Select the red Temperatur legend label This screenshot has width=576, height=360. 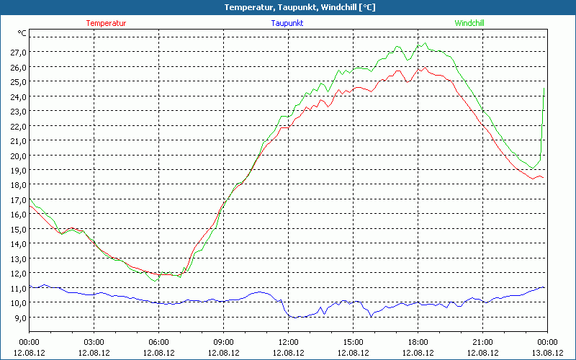106,23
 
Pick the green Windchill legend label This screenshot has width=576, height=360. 469,23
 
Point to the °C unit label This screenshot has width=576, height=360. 22,33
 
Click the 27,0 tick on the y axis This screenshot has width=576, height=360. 19,53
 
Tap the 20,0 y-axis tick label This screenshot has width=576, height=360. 19,156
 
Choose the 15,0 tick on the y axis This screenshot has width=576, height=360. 19,229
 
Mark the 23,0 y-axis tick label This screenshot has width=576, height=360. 19,112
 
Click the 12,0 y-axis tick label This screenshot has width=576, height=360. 19,274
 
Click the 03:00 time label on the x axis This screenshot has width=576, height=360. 94,342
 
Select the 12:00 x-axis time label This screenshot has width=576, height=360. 288,342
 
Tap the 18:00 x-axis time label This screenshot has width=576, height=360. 418,342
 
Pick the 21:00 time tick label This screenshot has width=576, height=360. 482,342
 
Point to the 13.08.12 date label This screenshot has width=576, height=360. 547,353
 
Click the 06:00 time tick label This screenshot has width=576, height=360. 159,342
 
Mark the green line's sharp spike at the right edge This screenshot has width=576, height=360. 544,89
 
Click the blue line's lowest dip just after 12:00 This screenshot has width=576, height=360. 295,318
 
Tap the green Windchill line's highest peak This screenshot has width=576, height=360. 426,43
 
